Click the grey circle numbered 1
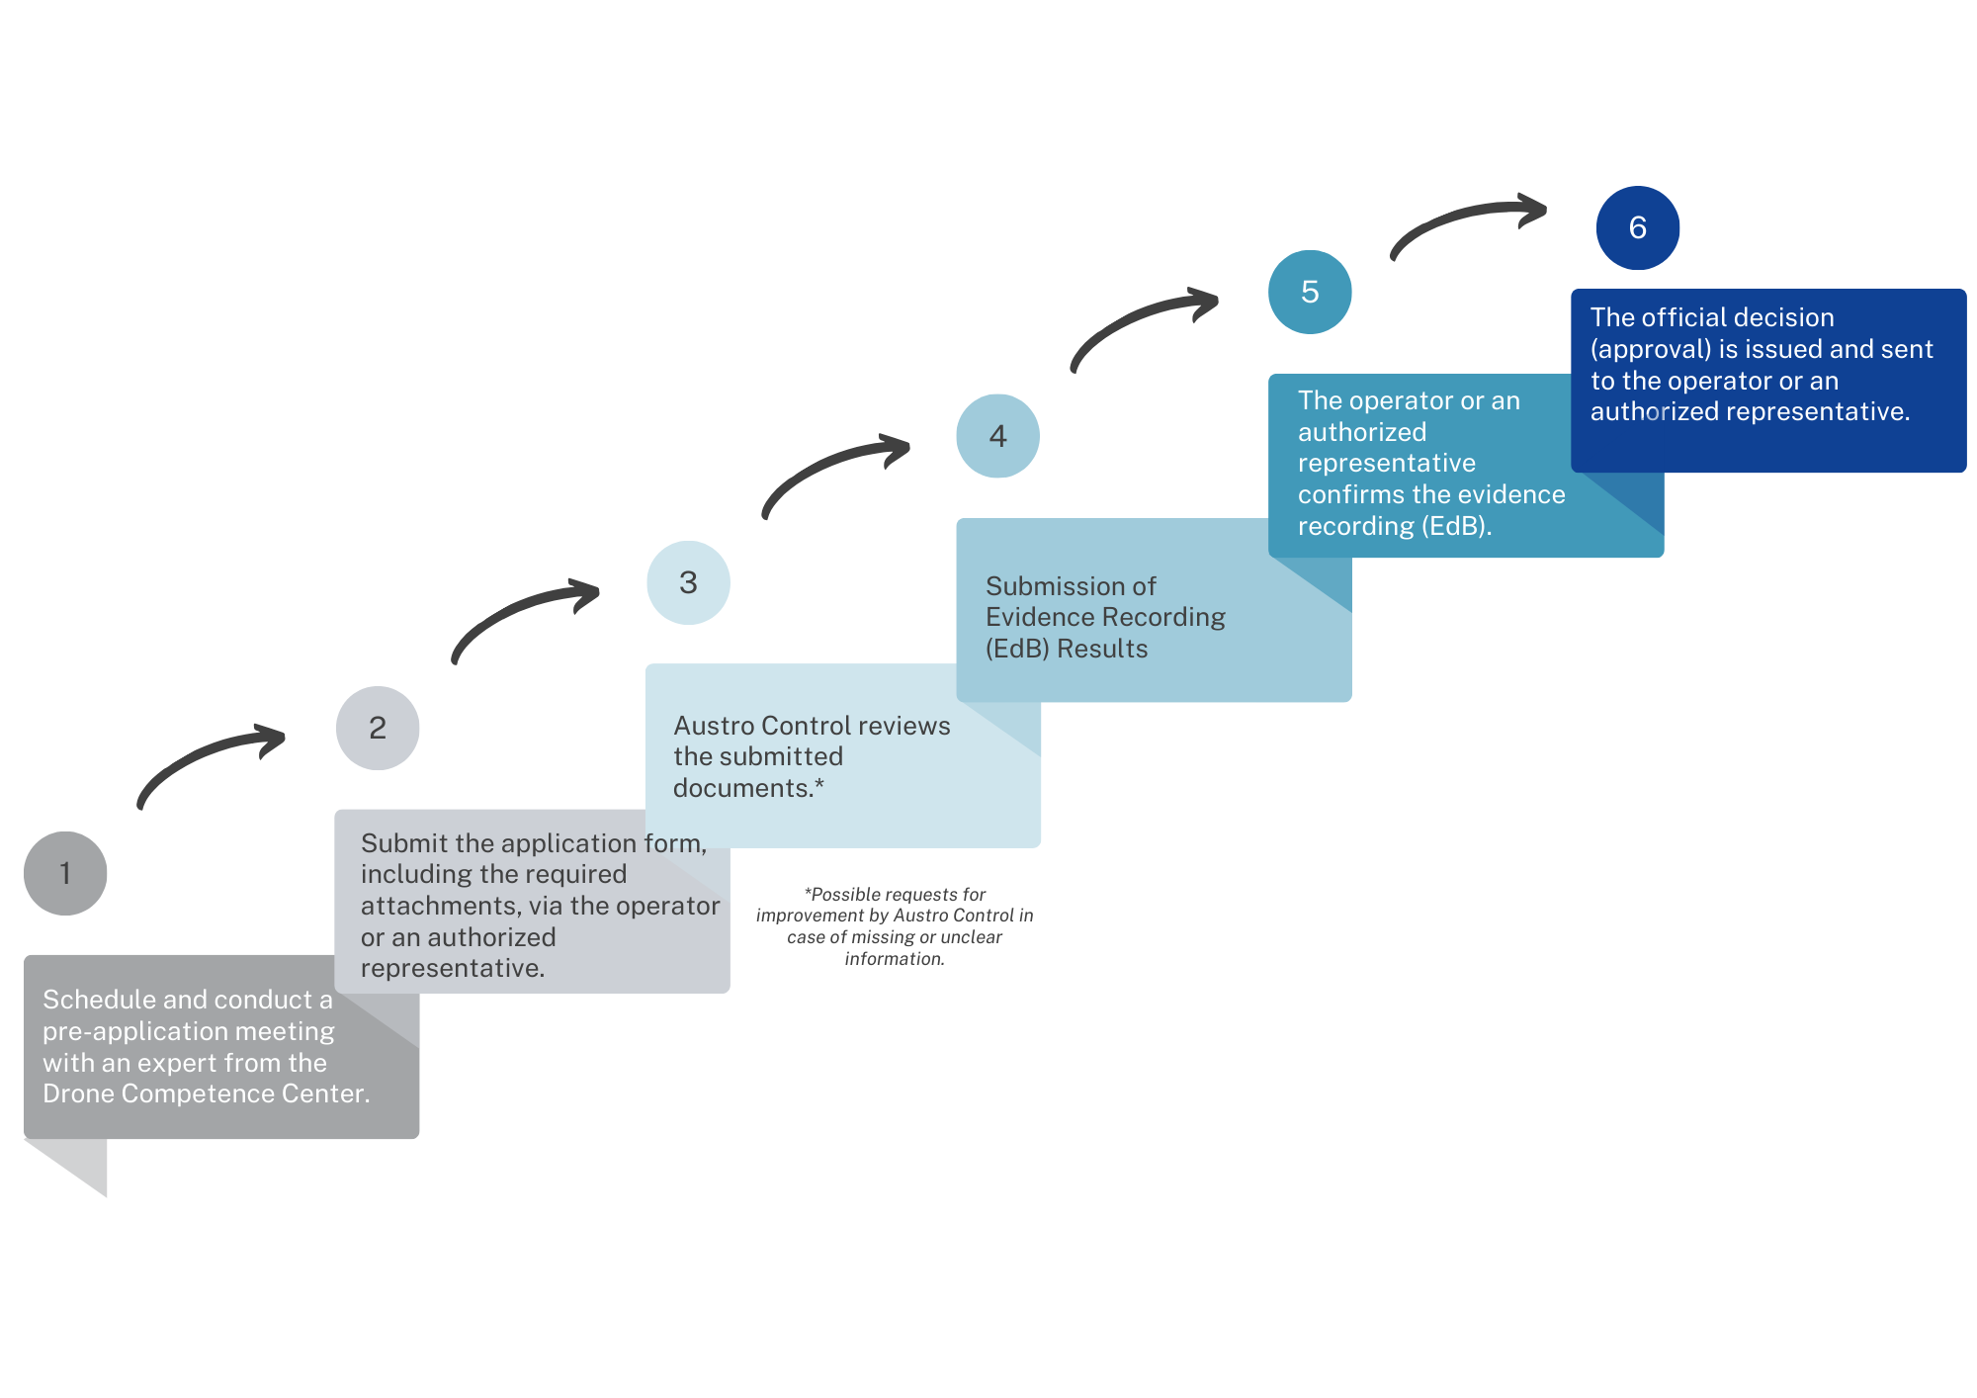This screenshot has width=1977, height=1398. pyautogui.click(x=65, y=873)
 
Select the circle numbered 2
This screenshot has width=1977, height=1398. pyautogui.click(x=378, y=728)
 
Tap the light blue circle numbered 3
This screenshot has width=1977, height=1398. pyautogui.click(x=688, y=582)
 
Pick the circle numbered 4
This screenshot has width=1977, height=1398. pyautogui.click(x=998, y=436)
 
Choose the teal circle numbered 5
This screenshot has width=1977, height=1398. pyautogui.click(x=1310, y=292)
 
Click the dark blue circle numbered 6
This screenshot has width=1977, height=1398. pyautogui.click(x=1638, y=227)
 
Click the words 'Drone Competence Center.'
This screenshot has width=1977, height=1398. pyautogui.click(x=207, y=1093)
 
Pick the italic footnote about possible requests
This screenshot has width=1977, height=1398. pyautogui.click(x=895, y=926)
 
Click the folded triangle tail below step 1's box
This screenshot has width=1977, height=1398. pyautogui.click(x=74, y=1162)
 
